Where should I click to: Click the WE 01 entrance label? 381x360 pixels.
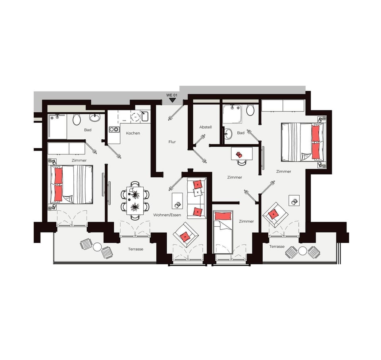tap(172, 95)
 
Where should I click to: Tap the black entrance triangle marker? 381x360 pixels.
tap(172, 100)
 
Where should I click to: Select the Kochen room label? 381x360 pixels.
tap(133, 133)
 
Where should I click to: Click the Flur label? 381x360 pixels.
tap(172, 142)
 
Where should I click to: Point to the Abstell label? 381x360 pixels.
tap(206, 127)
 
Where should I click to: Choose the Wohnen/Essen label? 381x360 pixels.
tap(167, 215)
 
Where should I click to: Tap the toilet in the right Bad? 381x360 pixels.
tap(250, 110)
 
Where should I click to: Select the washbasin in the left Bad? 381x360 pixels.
tap(94, 117)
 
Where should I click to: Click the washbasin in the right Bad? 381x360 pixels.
tap(228, 133)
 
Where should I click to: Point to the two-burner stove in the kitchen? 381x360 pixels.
tap(114, 129)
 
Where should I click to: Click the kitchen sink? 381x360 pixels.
tap(145, 116)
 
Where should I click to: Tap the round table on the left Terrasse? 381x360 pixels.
tap(97, 247)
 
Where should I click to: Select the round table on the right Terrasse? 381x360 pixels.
tap(302, 251)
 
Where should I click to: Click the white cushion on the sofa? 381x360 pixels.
tap(198, 192)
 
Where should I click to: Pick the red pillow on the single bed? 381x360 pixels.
tap(223, 216)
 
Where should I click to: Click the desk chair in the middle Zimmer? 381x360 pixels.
tap(242, 162)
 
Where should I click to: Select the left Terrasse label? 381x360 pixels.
tap(136, 249)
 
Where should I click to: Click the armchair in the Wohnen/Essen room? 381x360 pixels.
tap(186, 235)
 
